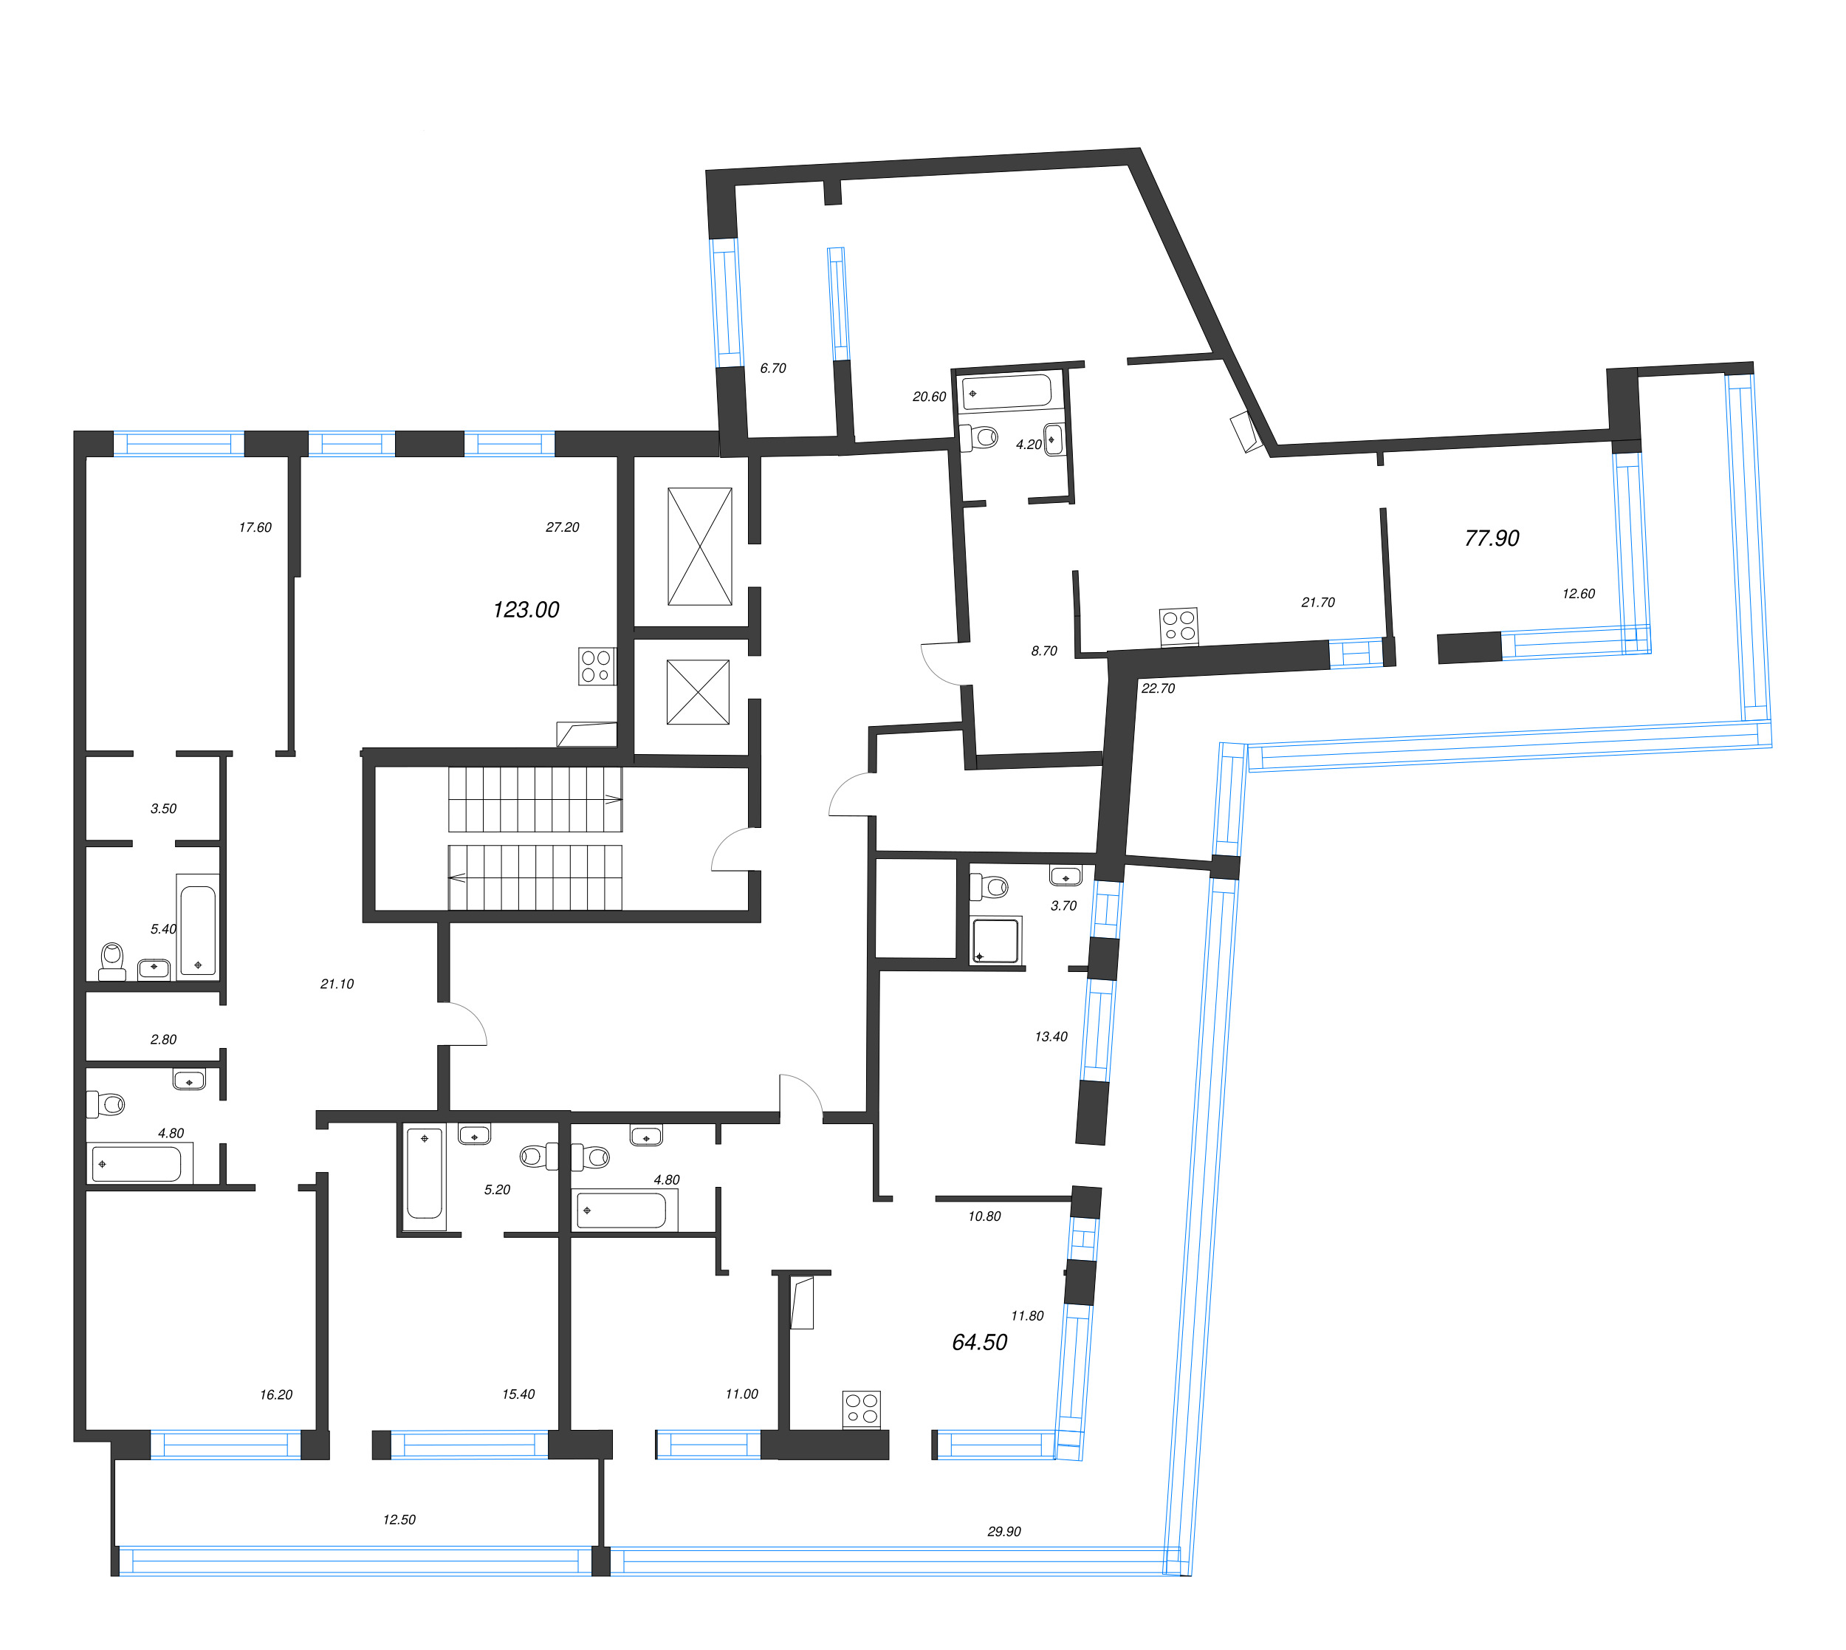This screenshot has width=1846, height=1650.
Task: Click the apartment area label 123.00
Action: click(526, 609)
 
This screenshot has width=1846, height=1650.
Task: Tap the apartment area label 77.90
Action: click(1492, 538)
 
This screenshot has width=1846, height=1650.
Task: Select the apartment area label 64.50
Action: click(980, 1342)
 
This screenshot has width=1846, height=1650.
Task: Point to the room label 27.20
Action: click(562, 527)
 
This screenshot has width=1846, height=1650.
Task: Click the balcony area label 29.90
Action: click(1004, 1531)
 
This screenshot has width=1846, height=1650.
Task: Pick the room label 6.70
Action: click(773, 368)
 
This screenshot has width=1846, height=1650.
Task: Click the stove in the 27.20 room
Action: click(597, 666)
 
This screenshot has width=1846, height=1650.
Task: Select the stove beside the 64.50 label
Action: click(861, 1410)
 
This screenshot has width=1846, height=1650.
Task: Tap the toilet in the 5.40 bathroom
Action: click(112, 961)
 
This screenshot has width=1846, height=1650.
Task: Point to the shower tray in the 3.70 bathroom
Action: click(995, 940)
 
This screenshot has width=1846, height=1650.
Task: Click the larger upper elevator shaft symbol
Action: click(699, 547)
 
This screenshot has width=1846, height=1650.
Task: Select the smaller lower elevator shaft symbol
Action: click(698, 692)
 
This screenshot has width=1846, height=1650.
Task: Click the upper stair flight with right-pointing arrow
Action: click(535, 800)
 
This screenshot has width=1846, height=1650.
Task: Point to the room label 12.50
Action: click(399, 1519)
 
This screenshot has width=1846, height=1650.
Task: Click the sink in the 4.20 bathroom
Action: click(1053, 439)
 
